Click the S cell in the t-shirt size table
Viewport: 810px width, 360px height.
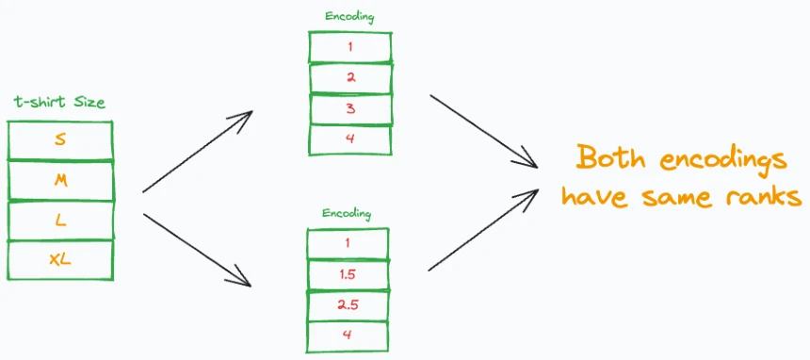60,140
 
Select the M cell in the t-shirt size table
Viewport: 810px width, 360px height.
60,181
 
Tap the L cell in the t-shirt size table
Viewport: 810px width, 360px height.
60,221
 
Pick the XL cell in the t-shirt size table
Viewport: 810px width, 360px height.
60,260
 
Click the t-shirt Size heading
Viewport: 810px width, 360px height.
59,103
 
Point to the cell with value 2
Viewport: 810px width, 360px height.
349,77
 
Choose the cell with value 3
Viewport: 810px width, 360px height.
349,108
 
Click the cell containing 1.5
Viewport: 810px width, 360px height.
348,274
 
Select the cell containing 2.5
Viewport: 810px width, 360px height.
348,305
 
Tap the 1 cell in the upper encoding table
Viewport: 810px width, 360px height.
349,47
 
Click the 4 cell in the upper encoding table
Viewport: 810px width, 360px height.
349,139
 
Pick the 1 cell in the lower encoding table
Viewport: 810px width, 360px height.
348,244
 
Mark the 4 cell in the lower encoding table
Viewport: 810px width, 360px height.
348,336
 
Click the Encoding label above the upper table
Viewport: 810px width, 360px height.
349,17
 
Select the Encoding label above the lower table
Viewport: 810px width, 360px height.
347,214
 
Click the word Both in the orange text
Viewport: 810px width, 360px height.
610,157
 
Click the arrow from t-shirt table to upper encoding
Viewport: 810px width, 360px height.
198,151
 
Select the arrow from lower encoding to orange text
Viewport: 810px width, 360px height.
483,230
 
